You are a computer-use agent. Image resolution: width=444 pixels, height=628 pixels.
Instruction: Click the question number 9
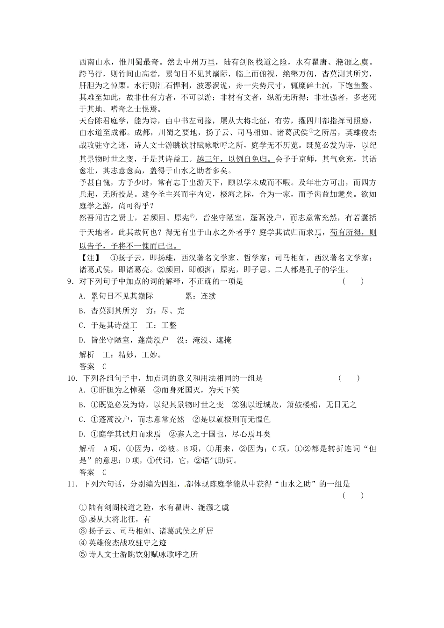pos(70,281)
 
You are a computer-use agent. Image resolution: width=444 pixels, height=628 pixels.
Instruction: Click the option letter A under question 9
pos(82,296)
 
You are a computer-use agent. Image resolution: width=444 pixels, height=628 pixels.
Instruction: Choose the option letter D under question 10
pos(82,434)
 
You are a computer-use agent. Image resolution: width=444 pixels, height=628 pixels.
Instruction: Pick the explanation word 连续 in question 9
pos(208,296)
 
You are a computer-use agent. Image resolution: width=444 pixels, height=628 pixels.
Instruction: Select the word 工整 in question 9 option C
pos(169,325)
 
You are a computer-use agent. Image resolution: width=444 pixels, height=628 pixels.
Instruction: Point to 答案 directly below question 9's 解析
pos(87,366)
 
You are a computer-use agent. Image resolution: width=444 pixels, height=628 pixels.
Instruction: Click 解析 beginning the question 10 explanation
pos(87,449)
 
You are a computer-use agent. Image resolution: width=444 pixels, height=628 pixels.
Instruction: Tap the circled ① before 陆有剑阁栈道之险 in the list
pos(83,507)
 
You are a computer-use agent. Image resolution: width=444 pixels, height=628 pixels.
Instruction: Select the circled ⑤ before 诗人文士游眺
pos(83,555)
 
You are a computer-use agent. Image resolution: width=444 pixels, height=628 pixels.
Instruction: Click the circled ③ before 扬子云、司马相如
pos(83,531)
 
